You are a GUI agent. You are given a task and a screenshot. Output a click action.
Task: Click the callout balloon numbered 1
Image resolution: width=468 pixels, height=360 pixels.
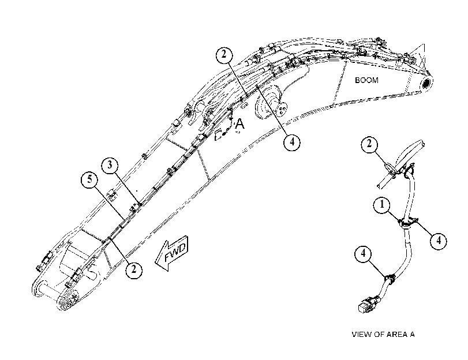[x=382, y=205]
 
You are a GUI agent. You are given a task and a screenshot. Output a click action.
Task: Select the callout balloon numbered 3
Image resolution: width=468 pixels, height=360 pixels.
[x=110, y=165]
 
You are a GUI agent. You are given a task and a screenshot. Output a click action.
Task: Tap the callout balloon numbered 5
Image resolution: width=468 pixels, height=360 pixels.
[x=89, y=180]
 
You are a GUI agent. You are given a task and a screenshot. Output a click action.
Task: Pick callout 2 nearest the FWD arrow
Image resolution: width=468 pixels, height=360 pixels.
[x=134, y=269]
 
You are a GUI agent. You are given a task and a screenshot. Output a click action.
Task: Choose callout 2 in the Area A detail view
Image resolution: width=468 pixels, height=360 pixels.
[x=369, y=144]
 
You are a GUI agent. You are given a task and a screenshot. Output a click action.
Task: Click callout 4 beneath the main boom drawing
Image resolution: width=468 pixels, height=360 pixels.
[x=291, y=142]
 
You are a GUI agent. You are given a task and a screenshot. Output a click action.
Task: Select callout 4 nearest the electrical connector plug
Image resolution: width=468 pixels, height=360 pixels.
[x=363, y=254]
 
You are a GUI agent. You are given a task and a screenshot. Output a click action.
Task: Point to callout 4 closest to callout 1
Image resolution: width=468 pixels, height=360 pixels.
[x=439, y=241]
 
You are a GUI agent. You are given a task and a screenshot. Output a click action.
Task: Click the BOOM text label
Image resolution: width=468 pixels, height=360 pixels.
[x=366, y=80]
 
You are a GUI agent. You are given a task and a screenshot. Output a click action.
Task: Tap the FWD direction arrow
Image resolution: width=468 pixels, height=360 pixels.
[x=172, y=253]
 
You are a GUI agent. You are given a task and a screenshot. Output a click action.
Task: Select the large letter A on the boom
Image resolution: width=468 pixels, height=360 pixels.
[x=239, y=124]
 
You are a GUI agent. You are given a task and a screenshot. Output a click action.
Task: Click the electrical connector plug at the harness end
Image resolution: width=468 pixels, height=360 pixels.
[x=367, y=305]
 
